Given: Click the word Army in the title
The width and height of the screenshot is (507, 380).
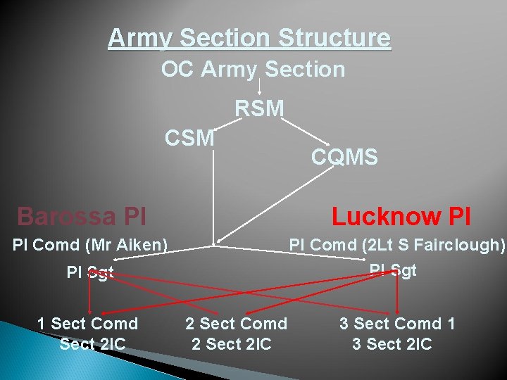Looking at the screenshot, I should point(134,37).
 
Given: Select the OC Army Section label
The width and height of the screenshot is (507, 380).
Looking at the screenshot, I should point(253,70).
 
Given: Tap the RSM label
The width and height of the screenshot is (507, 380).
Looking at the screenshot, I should point(259,109).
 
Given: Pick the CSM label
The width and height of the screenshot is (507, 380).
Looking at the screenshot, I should point(189,139).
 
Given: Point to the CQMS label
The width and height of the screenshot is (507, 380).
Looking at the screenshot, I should point(344,157).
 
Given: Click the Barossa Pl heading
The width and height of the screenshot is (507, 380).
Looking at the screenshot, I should point(82,216).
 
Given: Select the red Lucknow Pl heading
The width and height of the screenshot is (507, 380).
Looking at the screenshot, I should point(401,216).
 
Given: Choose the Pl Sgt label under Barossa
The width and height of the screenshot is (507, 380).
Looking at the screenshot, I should point(89,272).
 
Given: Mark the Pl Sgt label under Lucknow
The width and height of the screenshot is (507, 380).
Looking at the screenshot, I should point(393,270).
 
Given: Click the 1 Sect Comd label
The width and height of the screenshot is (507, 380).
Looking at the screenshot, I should point(87,324).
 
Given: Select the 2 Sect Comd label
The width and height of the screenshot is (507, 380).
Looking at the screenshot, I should point(236,324).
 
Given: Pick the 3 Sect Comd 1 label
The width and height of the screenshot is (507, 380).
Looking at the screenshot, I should point(397,324).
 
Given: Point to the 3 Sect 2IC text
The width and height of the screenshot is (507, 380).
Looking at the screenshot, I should point(392,344).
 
